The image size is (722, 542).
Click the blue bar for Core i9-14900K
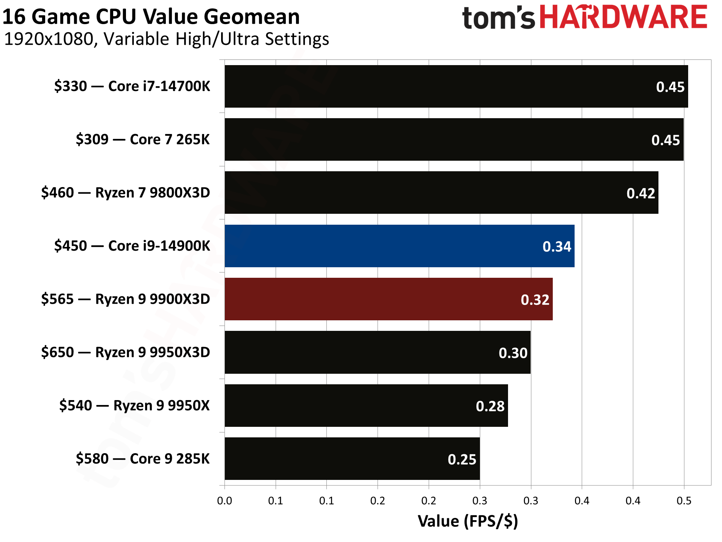(x=399, y=246)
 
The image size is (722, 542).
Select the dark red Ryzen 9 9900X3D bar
(x=388, y=299)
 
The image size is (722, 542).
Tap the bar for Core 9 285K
(x=352, y=458)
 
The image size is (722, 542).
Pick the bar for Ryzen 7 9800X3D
(x=441, y=192)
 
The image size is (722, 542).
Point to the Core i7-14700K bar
(x=456, y=86)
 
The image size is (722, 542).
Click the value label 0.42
(x=641, y=193)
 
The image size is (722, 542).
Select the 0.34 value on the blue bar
(x=557, y=247)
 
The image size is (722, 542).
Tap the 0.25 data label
(x=462, y=460)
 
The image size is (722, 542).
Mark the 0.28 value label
(x=490, y=406)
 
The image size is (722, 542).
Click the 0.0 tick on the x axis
(x=224, y=501)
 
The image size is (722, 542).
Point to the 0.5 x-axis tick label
(x=684, y=501)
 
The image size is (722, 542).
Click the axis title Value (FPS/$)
(x=468, y=521)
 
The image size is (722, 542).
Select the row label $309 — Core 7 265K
(x=143, y=139)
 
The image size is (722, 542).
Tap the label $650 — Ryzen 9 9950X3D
(x=125, y=352)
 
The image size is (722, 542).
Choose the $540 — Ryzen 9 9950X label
(x=134, y=405)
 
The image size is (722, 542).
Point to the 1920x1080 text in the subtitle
(x=49, y=39)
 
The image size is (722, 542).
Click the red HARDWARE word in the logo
(x=623, y=17)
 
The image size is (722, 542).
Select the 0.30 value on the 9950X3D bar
(x=513, y=353)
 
